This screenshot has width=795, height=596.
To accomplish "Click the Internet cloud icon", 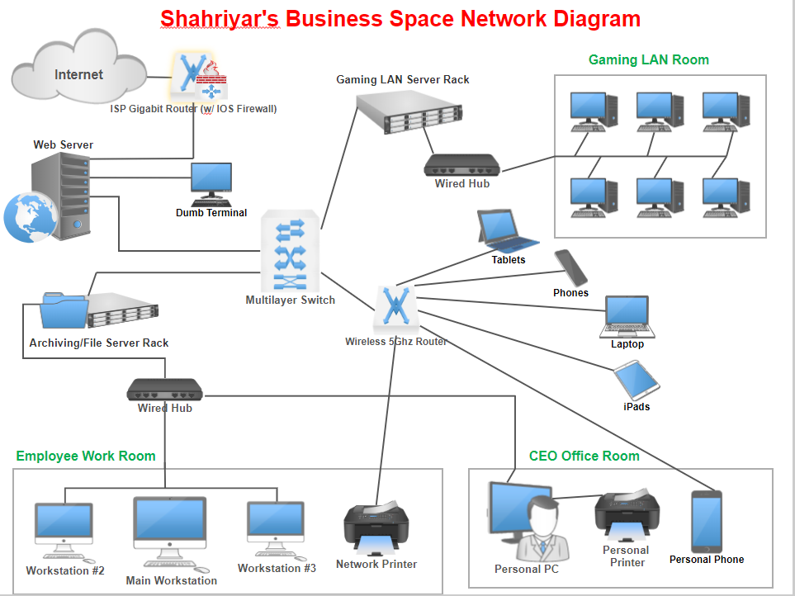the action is click(79, 66).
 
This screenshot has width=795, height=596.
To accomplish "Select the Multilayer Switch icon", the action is click(290, 251).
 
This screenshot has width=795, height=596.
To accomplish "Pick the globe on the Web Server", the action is click(31, 217).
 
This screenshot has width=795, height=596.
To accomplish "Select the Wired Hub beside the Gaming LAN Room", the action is click(461, 165).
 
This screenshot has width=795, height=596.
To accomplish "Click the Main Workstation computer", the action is click(171, 533).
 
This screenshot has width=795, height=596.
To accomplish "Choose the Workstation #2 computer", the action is click(64, 531).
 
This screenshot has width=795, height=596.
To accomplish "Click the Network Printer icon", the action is click(376, 529).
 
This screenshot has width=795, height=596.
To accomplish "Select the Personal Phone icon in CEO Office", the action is click(707, 522).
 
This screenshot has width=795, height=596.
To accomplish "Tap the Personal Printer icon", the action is click(627, 514).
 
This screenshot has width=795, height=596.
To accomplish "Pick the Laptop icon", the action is click(627, 317).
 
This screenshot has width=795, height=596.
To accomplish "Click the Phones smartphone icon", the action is click(571, 268).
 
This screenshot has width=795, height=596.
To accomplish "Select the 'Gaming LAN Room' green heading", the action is click(649, 59).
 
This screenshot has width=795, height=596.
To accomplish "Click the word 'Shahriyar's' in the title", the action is click(220, 19).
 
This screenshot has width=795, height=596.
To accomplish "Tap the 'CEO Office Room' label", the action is click(584, 456).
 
